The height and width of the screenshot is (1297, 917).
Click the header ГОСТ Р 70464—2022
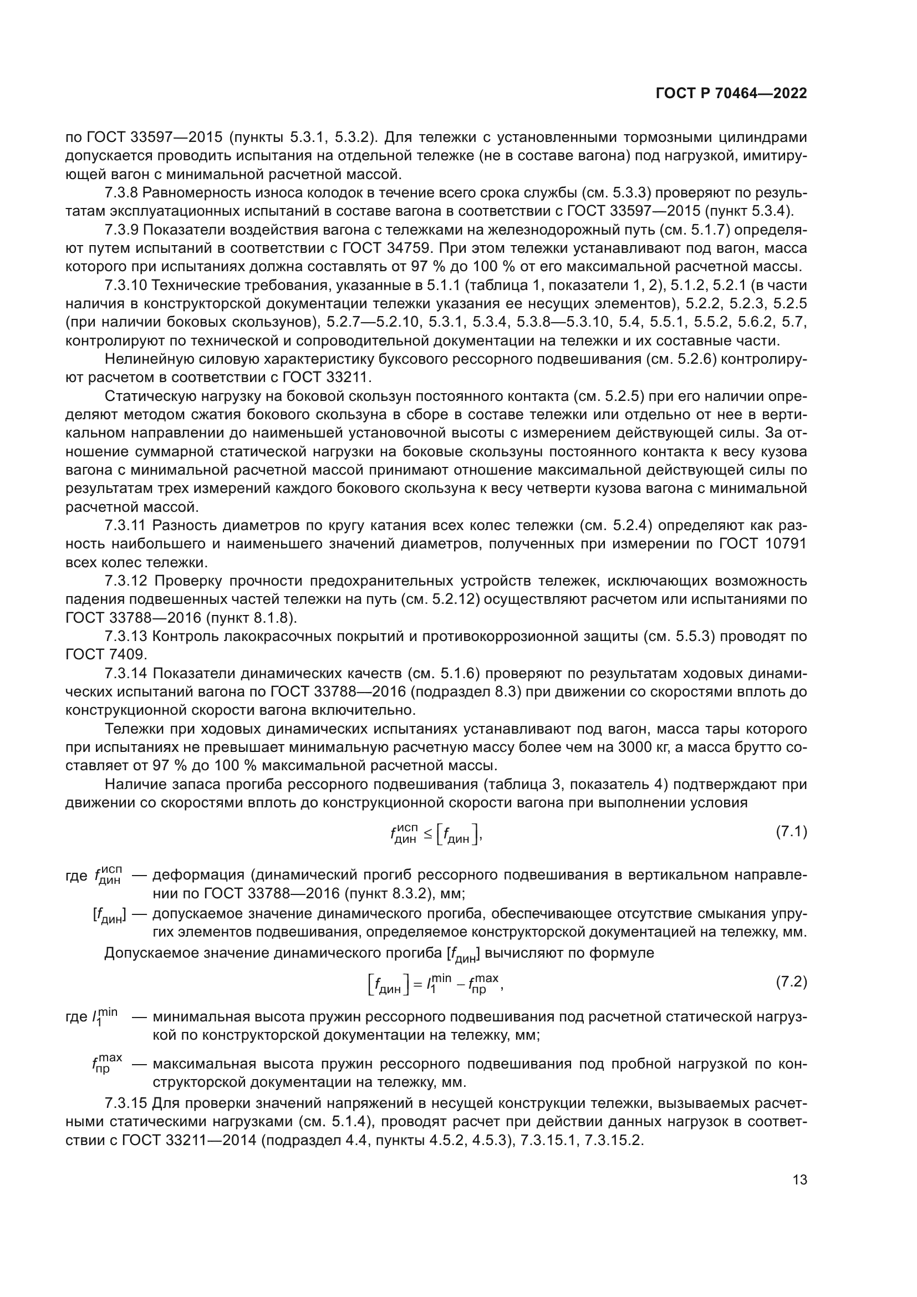pyautogui.click(x=731, y=94)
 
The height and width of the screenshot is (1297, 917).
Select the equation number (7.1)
pyautogui.click(x=791, y=832)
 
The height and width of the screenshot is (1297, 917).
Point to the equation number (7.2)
pyautogui.click(x=791, y=983)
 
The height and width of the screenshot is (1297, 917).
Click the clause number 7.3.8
pyautogui.click(x=121, y=193)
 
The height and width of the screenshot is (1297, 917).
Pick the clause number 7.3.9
pyautogui.click(x=121, y=230)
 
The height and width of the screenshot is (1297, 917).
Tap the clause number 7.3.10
pyautogui.click(x=125, y=285)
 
